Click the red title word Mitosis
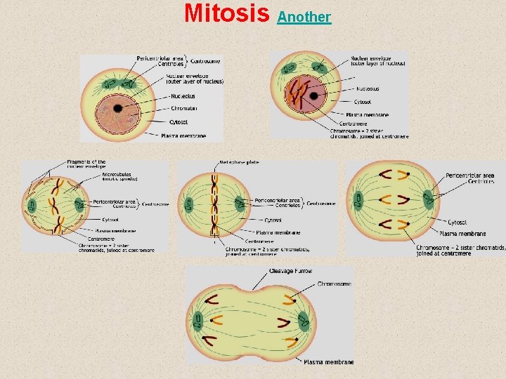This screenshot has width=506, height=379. [227, 13]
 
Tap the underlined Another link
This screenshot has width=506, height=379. [304, 16]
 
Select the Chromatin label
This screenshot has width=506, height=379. [183, 109]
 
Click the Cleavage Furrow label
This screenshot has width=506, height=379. [291, 271]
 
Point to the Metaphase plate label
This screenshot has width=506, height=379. [239, 162]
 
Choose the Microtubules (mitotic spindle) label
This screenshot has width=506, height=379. [122, 177]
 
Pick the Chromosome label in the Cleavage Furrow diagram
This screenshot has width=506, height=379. [334, 284]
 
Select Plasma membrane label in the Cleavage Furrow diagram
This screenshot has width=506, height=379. [329, 362]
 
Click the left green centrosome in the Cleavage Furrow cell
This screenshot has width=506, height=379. [199, 321]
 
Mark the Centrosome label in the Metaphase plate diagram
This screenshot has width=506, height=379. [320, 204]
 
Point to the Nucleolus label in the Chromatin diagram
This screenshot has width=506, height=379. [182, 95]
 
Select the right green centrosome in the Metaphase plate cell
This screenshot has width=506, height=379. [240, 205]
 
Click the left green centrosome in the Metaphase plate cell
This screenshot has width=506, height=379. [188, 206]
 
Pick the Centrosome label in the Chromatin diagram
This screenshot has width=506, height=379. [205, 61]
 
